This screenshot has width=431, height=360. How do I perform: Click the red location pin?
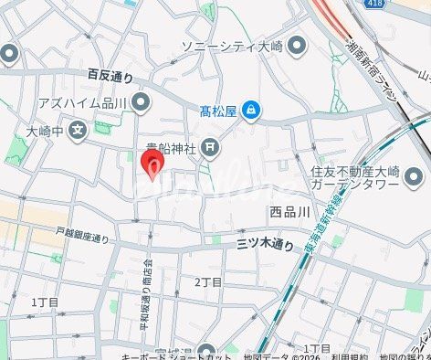coord(152,167)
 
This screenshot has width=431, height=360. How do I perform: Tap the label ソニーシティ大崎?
coord(232,47)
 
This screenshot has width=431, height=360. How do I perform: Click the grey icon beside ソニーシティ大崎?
coord(295,47)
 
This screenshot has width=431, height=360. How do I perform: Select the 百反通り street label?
coord(110,75)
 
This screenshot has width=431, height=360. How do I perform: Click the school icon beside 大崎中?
coord(79,129)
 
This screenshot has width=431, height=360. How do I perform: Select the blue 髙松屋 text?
coord(218,111)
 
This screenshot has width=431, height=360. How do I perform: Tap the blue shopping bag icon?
coord(251,111)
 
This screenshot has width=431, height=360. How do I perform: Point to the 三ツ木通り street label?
coord(266,243)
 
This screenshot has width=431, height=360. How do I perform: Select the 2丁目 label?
coord(208,282)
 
